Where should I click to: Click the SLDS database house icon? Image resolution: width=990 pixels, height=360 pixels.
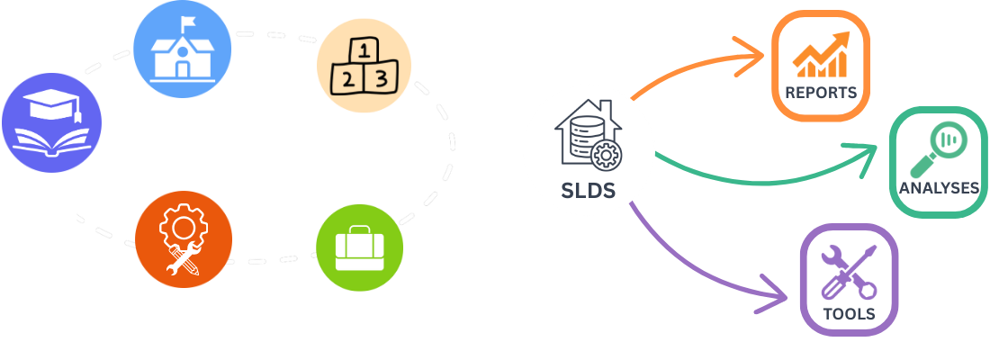(588, 144)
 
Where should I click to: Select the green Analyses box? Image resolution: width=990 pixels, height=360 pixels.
(938, 162)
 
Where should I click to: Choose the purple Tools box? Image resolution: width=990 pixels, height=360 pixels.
(848, 279)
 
